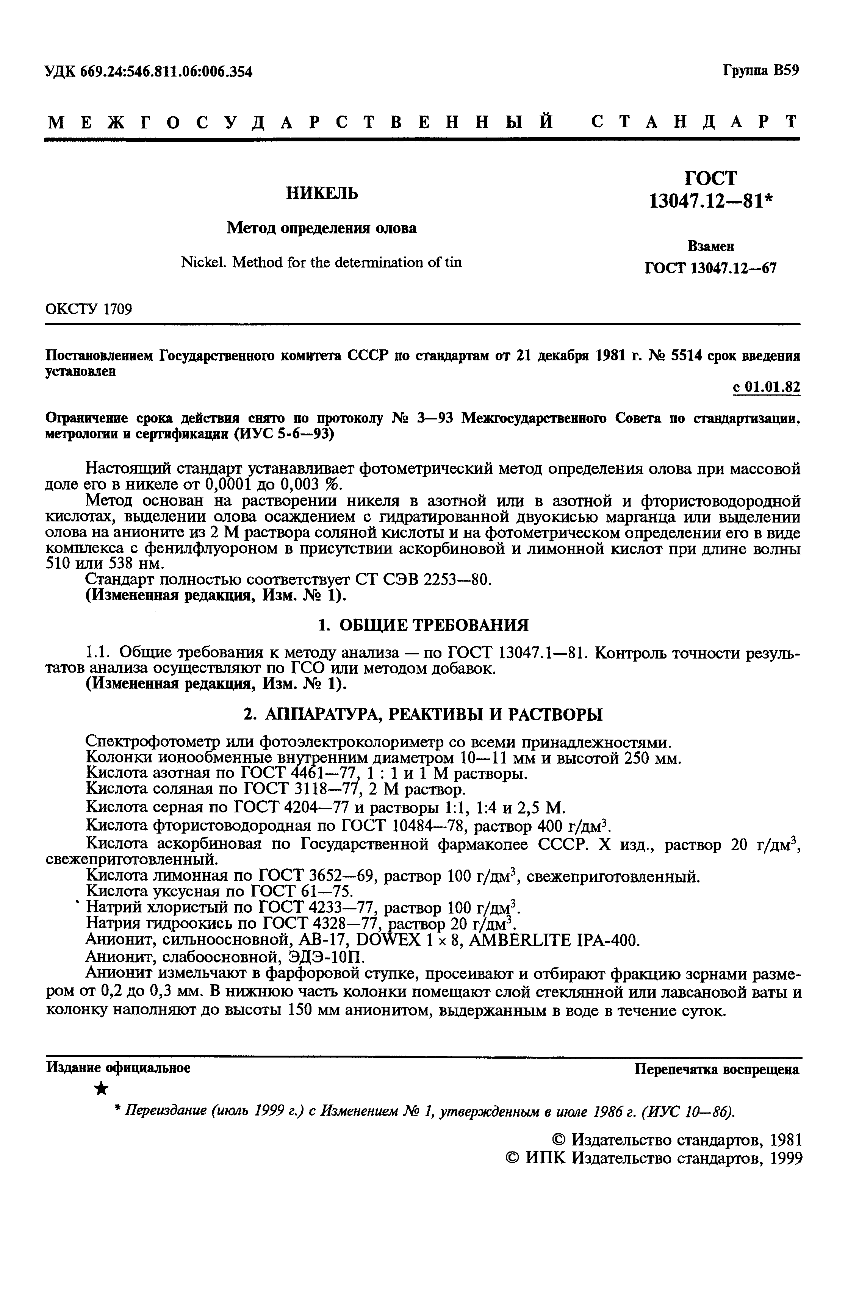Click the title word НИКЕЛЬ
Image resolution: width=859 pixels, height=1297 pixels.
tap(322, 193)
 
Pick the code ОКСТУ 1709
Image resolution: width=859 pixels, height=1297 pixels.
tap(88, 310)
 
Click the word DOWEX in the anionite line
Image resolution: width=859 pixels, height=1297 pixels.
tap(388, 941)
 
